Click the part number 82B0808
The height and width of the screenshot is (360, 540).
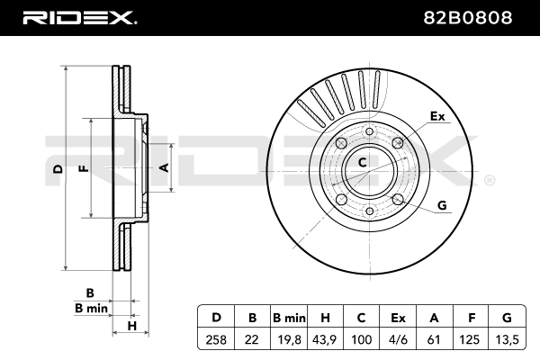click(467, 18)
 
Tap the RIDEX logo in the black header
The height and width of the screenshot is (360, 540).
click(79, 18)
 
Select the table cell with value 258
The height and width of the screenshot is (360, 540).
click(216, 339)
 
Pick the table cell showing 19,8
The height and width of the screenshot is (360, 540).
click(289, 339)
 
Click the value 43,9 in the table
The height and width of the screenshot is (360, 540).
click(324, 339)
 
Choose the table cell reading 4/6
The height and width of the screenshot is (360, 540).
click(398, 339)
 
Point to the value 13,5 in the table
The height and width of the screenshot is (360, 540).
click(507, 339)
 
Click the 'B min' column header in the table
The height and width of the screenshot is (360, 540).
click(289, 318)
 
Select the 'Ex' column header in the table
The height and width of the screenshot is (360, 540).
click(398, 318)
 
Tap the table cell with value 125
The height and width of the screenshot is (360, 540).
click(471, 339)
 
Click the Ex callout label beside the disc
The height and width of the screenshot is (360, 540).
click(437, 116)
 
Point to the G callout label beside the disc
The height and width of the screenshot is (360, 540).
click(442, 205)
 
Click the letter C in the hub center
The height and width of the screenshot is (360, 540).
click(363, 162)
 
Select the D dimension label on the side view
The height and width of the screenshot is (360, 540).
click(58, 169)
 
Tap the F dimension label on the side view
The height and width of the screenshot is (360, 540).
click(84, 168)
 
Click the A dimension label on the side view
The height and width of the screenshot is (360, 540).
click(165, 167)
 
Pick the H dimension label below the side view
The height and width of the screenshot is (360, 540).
click(132, 326)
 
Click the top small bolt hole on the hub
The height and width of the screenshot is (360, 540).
click(370, 131)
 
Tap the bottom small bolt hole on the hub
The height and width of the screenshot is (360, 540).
click(370, 211)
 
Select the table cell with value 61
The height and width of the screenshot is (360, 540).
click(434, 339)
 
